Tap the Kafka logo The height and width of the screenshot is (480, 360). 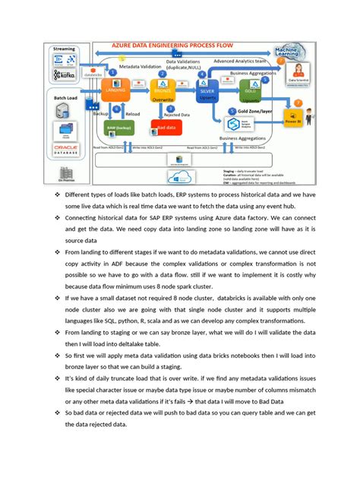click(x=64, y=77)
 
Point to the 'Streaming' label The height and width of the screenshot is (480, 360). click(x=64, y=49)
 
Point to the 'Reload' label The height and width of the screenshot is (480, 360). click(x=132, y=115)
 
